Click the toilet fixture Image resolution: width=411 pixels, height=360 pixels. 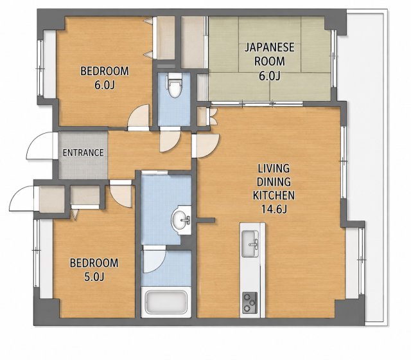pos(175,85)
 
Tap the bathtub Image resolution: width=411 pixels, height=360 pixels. pos(166,302)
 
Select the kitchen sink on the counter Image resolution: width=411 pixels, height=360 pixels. pos(250,244)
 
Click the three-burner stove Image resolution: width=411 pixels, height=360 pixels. pos(250,303)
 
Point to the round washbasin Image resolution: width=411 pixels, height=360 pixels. pos(181,220)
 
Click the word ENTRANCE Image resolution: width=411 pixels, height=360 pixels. pos(83,152)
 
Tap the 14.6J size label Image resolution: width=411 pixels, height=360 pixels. pos(274,209)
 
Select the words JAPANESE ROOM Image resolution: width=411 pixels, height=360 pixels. pos(270,54)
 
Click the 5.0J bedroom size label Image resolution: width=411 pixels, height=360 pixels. pos(94,276)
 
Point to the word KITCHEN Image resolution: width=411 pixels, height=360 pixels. pos(274,195)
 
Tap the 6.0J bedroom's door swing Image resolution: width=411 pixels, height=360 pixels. pos(138,115)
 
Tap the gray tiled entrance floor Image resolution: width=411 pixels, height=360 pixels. pos(83,155)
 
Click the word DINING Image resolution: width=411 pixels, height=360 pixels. pos(274,181)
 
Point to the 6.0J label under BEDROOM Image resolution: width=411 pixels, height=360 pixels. pos(105,85)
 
